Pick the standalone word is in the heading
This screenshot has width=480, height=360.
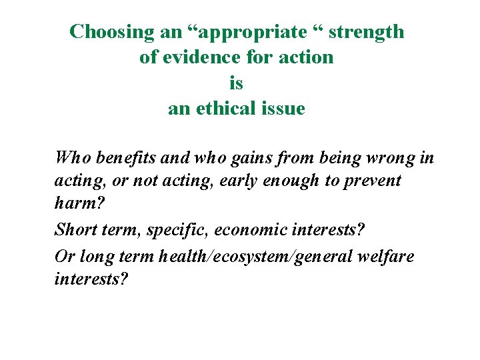pos(236,83)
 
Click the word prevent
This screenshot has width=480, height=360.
pos(372,181)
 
